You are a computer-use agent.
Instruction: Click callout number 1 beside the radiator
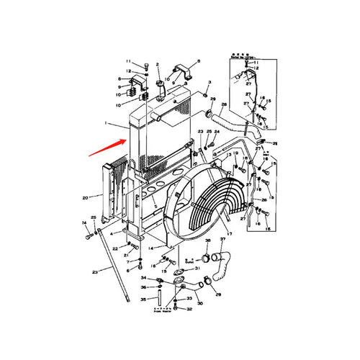[105, 124]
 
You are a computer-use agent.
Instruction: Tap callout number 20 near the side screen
[84, 197]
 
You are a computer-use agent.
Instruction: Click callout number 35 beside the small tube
[143, 299]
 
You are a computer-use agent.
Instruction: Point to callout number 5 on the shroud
[155, 206]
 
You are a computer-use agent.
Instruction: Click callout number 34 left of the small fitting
[143, 278]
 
